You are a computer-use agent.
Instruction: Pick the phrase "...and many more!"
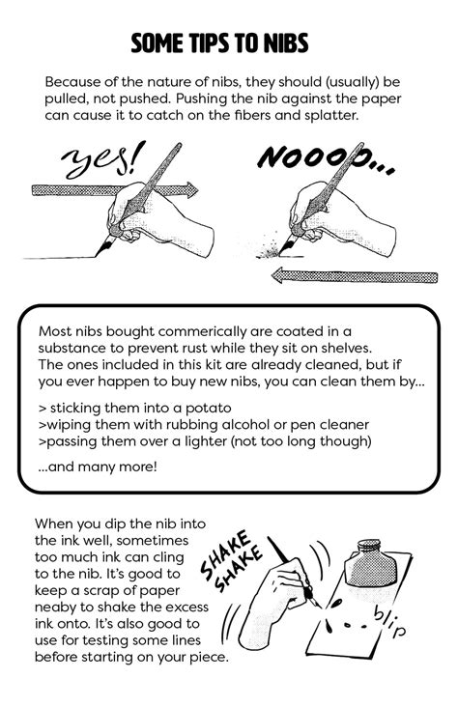[98, 467]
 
